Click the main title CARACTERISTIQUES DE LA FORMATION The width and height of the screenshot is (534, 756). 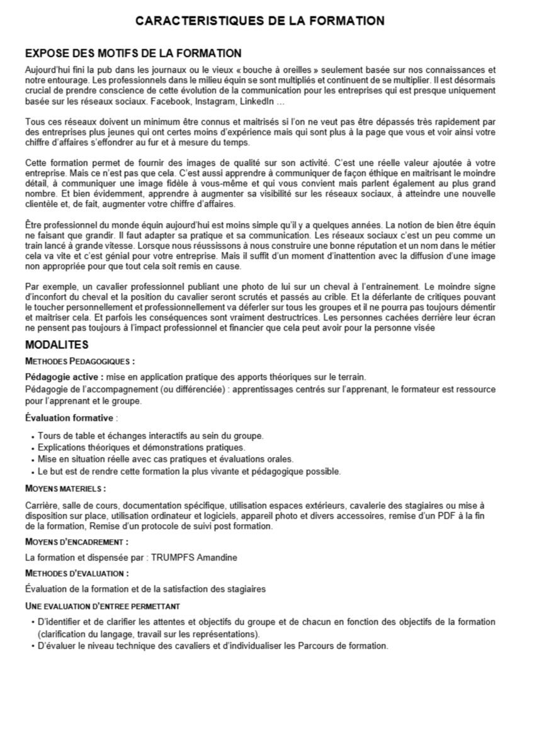pos(260,21)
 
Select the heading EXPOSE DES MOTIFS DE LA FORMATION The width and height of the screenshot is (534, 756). pos(133,53)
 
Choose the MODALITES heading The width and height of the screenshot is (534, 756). pos(57,345)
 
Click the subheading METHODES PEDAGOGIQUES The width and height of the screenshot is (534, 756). pos(79,362)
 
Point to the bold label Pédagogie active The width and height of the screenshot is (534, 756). pos(64,377)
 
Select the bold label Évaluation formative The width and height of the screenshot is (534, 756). pos(69,418)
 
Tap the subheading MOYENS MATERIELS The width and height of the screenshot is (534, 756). pos(65,488)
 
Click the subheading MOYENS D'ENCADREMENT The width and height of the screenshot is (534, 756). pos(77,541)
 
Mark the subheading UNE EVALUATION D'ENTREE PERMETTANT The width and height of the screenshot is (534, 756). pos(103,606)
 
